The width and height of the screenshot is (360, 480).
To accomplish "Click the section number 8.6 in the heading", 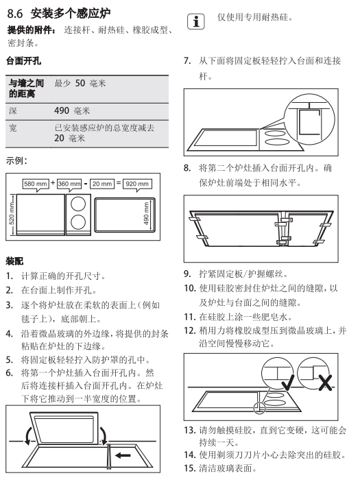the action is pos(15,14).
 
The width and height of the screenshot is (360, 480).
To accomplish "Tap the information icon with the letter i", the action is pos(196,22).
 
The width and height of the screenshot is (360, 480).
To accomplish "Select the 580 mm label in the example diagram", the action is pos(36,184).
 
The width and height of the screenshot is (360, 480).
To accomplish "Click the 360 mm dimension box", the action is pos(69,184).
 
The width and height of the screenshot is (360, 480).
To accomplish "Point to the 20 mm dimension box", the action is pos(102,184).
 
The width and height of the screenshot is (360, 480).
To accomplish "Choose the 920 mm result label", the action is pos(137,184).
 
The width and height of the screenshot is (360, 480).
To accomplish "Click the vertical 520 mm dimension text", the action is pos(12,214).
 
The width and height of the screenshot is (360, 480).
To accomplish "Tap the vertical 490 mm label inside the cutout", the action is pos(146,214).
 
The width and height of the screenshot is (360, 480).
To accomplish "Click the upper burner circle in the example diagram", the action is pos(78,204).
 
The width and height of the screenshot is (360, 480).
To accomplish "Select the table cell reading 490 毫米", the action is pos(72,110).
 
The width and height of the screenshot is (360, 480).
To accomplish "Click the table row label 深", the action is pos(13,110).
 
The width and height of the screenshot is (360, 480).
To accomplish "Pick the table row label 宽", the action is pos(13,128).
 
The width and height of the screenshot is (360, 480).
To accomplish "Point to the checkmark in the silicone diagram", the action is pos(287,382).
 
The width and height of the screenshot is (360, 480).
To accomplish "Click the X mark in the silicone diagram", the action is pos(325,383).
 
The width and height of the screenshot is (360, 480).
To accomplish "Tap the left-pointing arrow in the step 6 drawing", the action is pos(123,455).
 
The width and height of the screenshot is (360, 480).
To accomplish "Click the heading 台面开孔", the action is pos(23,61).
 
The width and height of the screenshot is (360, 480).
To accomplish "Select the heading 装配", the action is pos(14,261).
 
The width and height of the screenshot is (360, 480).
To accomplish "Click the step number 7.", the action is pos(187,60).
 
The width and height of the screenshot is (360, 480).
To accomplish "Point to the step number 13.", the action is pos(190,430).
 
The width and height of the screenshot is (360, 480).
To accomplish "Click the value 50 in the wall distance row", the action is pos(80,83).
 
